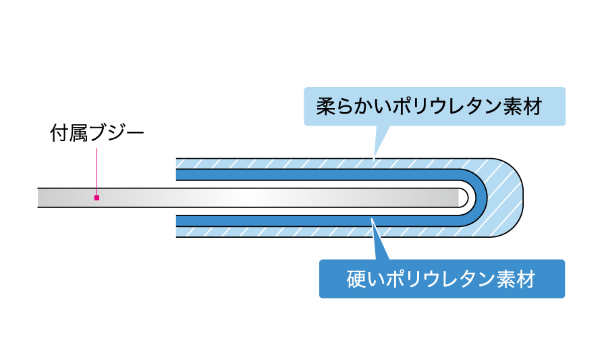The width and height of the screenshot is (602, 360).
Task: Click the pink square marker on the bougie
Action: pyautogui.click(x=97, y=198)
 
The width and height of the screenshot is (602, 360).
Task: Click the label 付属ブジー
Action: pyautogui.click(x=97, y=133)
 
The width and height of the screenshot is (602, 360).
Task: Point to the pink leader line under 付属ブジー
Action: pyautogui.click(x=97, y=172)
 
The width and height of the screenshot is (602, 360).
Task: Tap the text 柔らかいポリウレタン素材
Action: pyautogui.click(x=429, y=107)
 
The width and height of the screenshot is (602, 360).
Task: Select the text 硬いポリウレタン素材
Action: pyautogui.click(x=441, y=280)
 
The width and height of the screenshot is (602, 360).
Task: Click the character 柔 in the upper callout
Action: pyautogui.click(x=325, y=107)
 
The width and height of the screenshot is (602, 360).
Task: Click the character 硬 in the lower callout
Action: pyautogui.click(x=356, y=280)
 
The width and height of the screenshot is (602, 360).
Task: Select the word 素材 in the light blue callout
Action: pyautogui.click(x=523, y=107)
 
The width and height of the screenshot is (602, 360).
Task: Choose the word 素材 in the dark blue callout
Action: pyautogui.click(x=516, y=280)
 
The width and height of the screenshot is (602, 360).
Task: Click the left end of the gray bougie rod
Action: pyautogui.click(x=38, y=198)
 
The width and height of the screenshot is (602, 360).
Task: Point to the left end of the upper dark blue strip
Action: pyautogui.click(x=177, y=175)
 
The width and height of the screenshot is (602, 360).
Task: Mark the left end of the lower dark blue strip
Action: pyautogui.click(x=177, y=221)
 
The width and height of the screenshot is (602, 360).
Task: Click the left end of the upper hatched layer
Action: pyautogui.click(x=177, y=163)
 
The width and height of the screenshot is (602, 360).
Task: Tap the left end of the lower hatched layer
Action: pyautogui.click(x=177, y=232)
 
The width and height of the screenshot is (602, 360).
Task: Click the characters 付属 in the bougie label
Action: pyautogui.click(x=69, y=133)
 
